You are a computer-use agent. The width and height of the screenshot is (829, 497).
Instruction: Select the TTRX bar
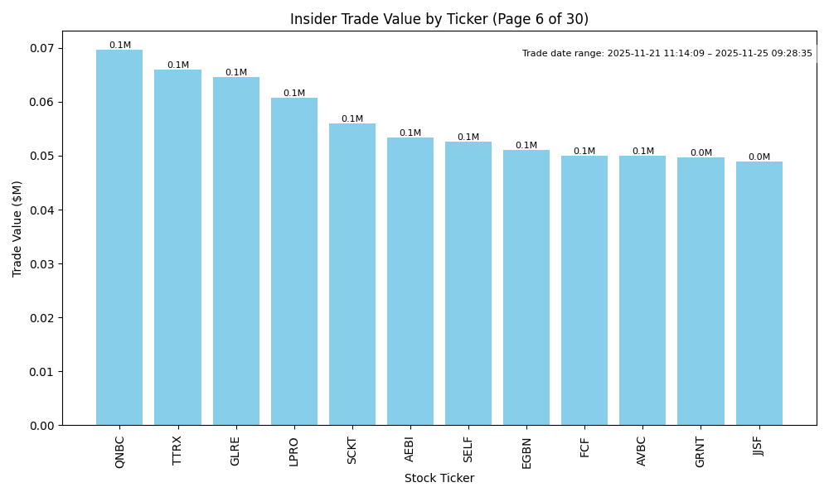(x=177, y=248)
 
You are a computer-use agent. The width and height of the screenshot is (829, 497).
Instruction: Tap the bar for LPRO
(x=293, y=262)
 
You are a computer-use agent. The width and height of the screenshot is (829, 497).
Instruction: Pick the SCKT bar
(x=352, y=274)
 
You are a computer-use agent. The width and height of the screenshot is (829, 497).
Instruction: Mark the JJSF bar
(x=759, y=293)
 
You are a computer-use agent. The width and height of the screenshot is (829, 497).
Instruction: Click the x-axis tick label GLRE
(x=235, y=451)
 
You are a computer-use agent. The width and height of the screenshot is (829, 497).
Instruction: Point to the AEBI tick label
(x=410, y=450)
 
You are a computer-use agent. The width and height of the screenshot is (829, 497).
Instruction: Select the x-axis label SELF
(x=468, y=449)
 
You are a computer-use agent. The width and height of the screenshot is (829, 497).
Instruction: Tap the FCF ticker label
(x=584, y=447)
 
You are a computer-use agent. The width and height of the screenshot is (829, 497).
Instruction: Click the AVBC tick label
(x=642, y=451)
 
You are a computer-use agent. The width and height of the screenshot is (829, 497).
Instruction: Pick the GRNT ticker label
(x=701, y=451)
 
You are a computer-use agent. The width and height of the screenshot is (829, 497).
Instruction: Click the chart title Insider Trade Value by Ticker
(x=439, y=19)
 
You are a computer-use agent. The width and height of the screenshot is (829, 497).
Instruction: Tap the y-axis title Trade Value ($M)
(x=17, y=228)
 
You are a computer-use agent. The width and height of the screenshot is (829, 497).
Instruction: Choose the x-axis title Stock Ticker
(x=439, y=478)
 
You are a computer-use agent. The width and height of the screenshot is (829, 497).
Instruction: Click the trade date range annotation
(x=667, y=54)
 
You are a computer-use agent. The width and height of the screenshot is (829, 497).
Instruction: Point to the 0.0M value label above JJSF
(x=759, y=157)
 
